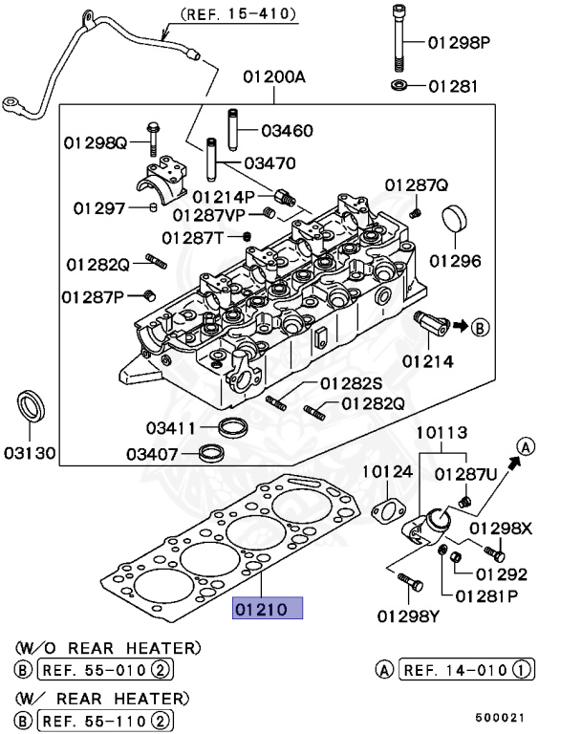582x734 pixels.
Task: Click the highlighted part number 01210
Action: coord(268,608)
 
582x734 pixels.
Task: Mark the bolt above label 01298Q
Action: coord(153,135)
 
